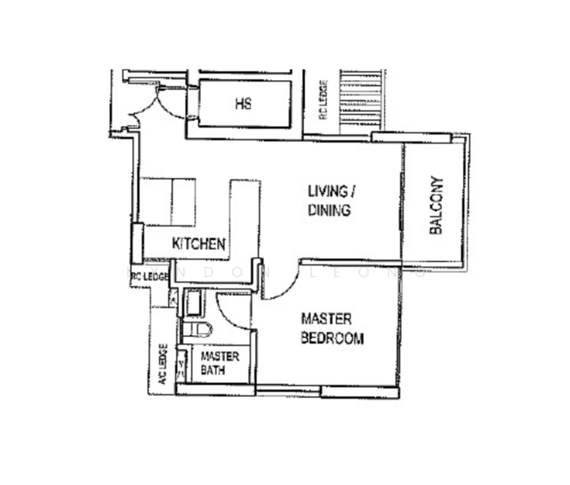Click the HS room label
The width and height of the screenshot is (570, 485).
[x=243, y=103]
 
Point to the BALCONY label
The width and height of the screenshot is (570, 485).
[x=437, y=205]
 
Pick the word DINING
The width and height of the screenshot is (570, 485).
[x=328, y=210]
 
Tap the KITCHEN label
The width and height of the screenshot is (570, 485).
[x=198, y=243]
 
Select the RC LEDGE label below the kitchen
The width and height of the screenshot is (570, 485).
[x=148, y=277]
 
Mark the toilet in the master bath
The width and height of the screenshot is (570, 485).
[x=198, y=329]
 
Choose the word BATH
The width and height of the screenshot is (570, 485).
[x=213, y=370]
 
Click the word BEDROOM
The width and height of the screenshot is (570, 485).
[x=331, y=338]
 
